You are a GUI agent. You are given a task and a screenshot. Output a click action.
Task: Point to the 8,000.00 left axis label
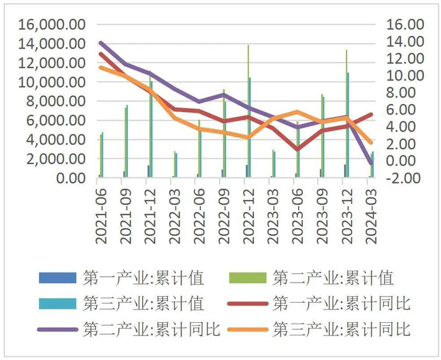tap(53, 101)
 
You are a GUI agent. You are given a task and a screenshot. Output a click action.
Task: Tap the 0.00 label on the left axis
tap(70, 178)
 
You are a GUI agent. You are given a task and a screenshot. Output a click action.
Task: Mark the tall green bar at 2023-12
tap(346, 113)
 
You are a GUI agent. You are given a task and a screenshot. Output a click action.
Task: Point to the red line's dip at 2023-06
tap(297, 150)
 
